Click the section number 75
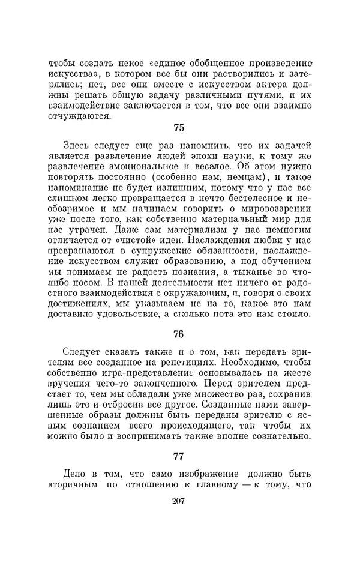click(x=178, y=127)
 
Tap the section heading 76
click(x=178, y=334)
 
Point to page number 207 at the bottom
click(x=178, y=502)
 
